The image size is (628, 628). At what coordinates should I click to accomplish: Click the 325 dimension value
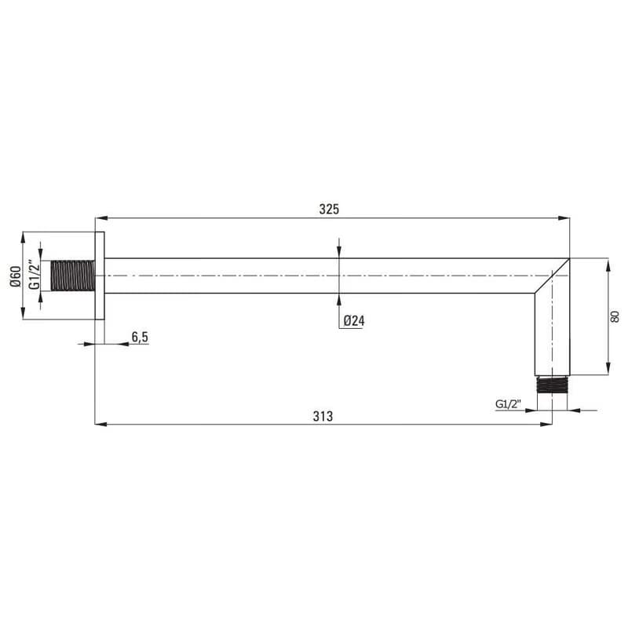tap(329, 209)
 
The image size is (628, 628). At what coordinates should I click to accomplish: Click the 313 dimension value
tap(323, 417)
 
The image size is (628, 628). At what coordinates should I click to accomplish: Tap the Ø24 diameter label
tap(354, 321)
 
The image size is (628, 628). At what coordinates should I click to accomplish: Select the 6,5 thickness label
tap(140, 338)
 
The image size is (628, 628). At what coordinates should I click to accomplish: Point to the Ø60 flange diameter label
tap(16, 276)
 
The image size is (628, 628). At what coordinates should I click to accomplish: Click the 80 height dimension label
tap(615, 316)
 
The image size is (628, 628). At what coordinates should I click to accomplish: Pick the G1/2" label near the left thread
tap(35, 274)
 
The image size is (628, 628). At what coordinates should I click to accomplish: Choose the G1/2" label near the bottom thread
tap(508, 403)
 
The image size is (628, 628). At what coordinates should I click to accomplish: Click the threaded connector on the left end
tap(73, 276)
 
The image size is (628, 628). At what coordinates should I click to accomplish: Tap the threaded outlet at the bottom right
tap(552, 385)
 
